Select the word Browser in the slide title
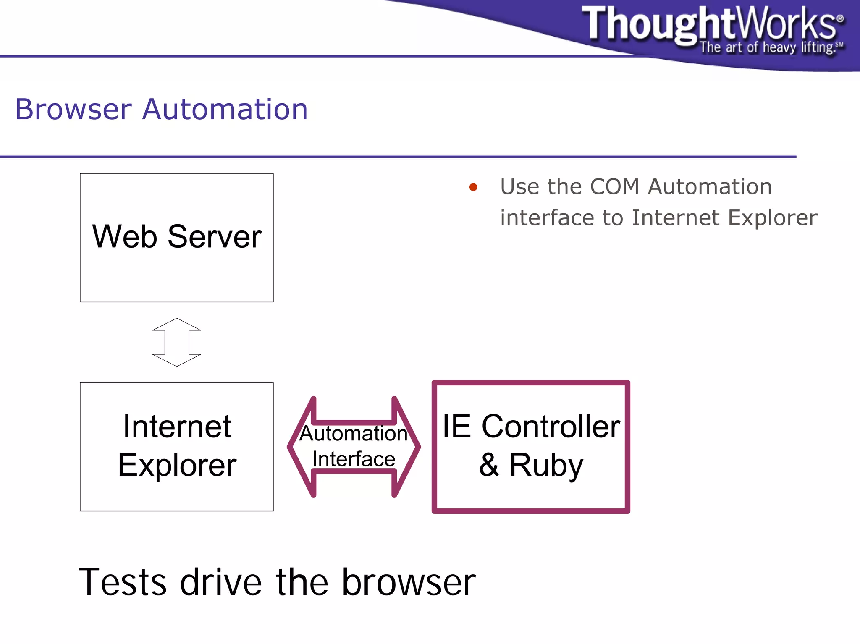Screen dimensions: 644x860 [x=73, y=109]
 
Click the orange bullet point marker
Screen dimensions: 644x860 [x=473, y=187]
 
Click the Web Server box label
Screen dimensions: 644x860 [x=176, y=237]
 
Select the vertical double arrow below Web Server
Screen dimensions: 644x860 [x=176, y=342]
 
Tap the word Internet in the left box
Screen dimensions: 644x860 [x=177, y=427]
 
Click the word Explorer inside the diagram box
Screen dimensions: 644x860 [x=177, y=465]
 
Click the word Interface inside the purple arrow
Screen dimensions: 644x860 [x=354, y=459]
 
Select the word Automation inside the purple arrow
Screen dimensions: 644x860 [x=354, y=433]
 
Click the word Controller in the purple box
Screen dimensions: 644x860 [x=551, y=427]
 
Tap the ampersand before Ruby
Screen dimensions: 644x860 [x=489, y=465]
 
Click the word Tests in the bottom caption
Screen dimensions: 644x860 [x=122, y=582]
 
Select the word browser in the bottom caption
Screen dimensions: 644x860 [x=408, y=582]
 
